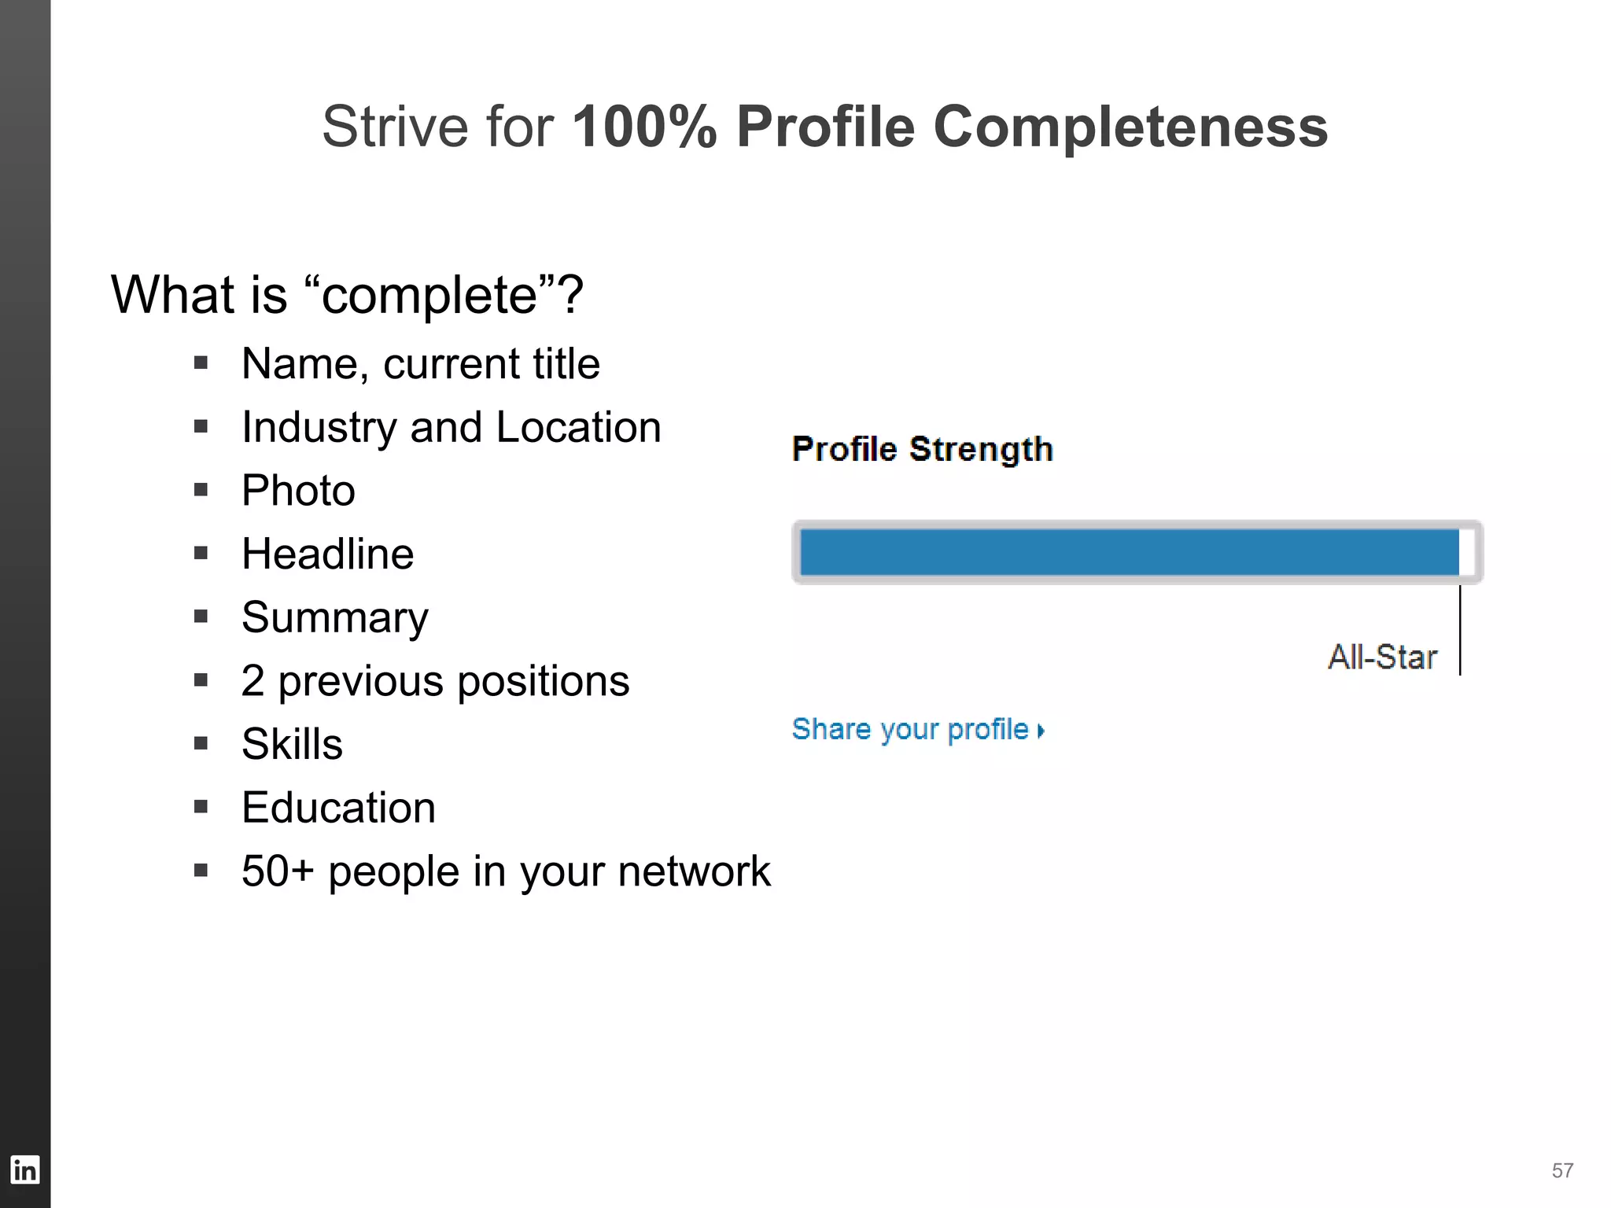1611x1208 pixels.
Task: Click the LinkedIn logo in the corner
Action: [x=24, y=1169]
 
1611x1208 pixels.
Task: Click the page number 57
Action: [x=1562, y=1171]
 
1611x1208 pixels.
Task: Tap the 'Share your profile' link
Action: [x=917, y=729]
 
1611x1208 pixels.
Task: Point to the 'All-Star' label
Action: [x=1382, y=657]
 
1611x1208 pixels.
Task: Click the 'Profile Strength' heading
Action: [x=922, y=449]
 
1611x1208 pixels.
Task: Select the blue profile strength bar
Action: [x=1129, y=552]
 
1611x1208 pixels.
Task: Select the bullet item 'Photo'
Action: [x=298, y=491]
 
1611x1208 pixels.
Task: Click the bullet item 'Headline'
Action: [x=327, y=554]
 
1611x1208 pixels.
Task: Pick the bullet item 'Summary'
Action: [x=335, y=617]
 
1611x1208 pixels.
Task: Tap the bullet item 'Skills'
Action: [x=292, y=744]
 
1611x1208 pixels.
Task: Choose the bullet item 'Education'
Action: [x=338, y=808]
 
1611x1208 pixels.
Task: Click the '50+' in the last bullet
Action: [x=278, y=871]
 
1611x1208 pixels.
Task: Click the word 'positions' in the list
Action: [x=543, y=681]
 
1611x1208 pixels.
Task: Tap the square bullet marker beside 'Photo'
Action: [x=201, y=490]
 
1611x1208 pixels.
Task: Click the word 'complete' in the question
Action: [x=429, y=296]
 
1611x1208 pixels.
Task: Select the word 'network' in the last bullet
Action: [x=694, y=871]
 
